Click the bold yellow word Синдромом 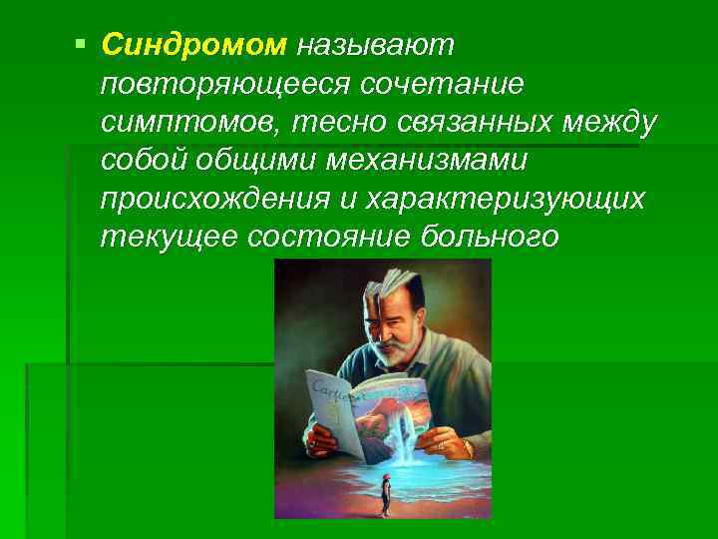coord(193,44)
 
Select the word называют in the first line coord(375,44)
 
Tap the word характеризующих coord(505,200)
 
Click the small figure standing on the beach coord(383,495)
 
